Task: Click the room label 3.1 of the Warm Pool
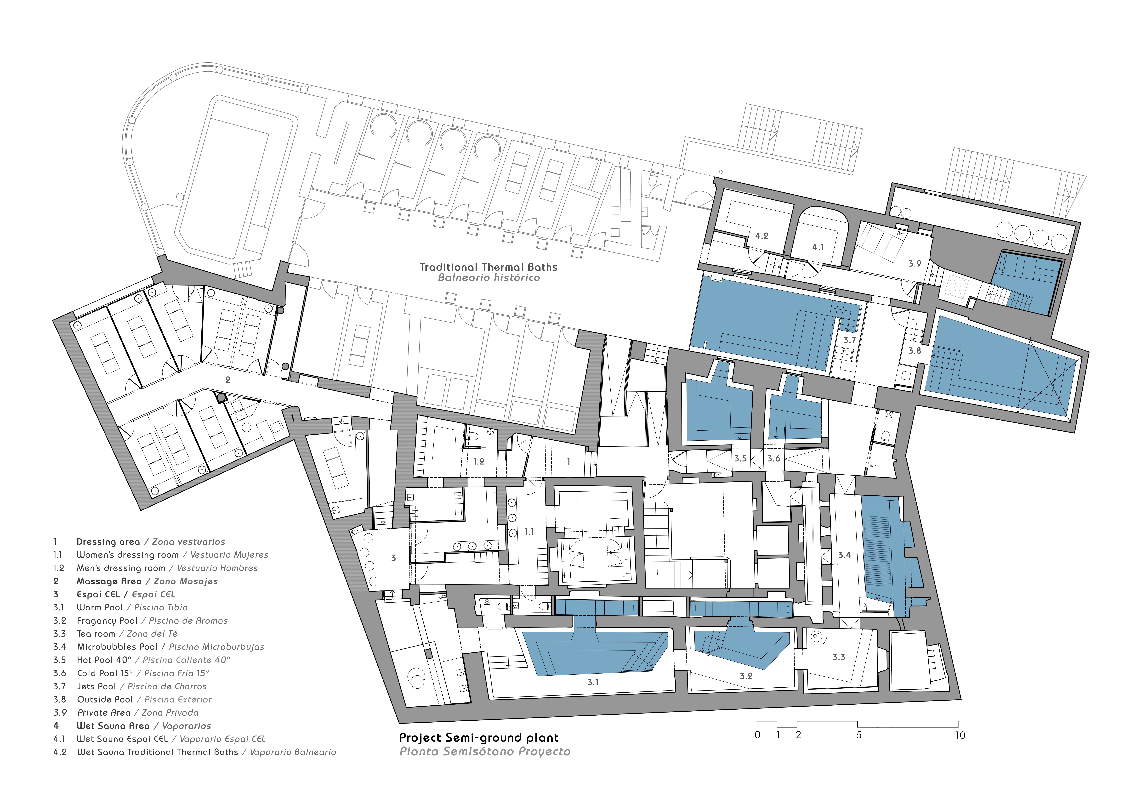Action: [x=593, y=682]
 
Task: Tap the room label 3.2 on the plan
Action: [x=746, y=676]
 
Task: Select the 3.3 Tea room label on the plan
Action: [x=839, y=657]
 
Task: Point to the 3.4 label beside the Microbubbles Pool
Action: [x=845, y=555]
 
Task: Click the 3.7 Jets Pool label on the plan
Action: [x=850, y=340]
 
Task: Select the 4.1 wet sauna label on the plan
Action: [x=818, y=247]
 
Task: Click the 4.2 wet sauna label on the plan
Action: [x=762, y=236]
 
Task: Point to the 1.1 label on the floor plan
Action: [x=529, y=532]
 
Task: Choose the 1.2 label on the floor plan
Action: [x=478, y=462]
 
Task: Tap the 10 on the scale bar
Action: [x=960, y=735]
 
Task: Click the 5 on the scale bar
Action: [x=859, y=735]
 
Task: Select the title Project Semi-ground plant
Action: [x=478, y=738]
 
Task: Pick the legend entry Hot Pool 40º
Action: [x=104, y=660]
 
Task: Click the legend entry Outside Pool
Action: [x=105, y=700]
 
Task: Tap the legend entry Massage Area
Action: [x=109, y=581]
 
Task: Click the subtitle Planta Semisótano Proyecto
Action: [x=485, y=752]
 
